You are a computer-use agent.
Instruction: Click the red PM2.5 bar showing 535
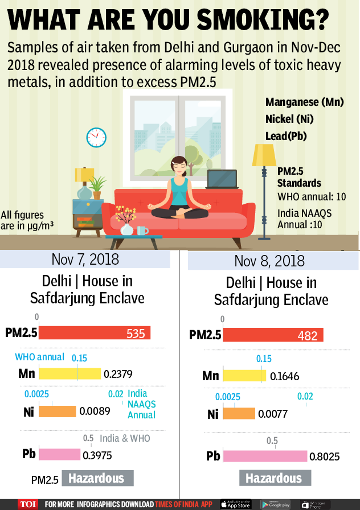pos(94,333)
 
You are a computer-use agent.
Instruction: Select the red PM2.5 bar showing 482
pos(273,335)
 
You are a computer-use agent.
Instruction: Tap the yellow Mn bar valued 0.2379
pos(69,373)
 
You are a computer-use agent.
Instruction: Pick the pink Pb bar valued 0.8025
pos(265,456)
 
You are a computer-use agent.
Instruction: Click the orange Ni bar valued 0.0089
pos(57,411)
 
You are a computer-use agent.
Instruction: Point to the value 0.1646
pos(285,376)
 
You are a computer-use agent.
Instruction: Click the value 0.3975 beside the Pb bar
pos(97,455)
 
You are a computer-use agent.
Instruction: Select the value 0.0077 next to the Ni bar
pos(273,414)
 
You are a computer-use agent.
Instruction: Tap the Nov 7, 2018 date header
pos(85,259)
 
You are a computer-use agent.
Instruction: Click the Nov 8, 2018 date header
pos(269,261)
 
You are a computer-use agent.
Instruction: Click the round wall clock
pos(96,137)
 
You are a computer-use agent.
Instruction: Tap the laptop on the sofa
pos(222,180)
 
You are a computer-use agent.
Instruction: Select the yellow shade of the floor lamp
pos(264,154)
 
